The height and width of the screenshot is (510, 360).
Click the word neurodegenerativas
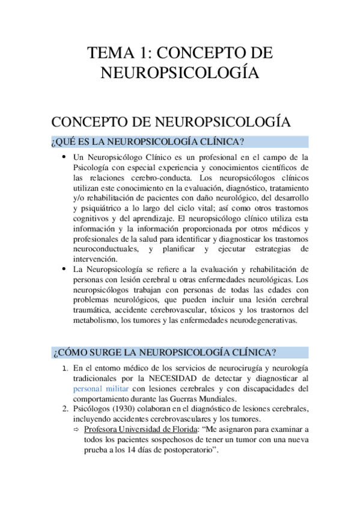coord(259,321)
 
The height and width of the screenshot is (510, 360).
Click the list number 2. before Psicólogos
coord(66,409)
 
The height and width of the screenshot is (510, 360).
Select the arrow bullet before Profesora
coord(77,430)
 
